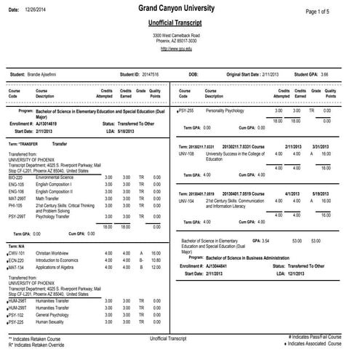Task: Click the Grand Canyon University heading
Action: point(180,9)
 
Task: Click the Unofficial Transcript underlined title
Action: point(180,23)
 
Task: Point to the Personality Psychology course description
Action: point(228,111)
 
